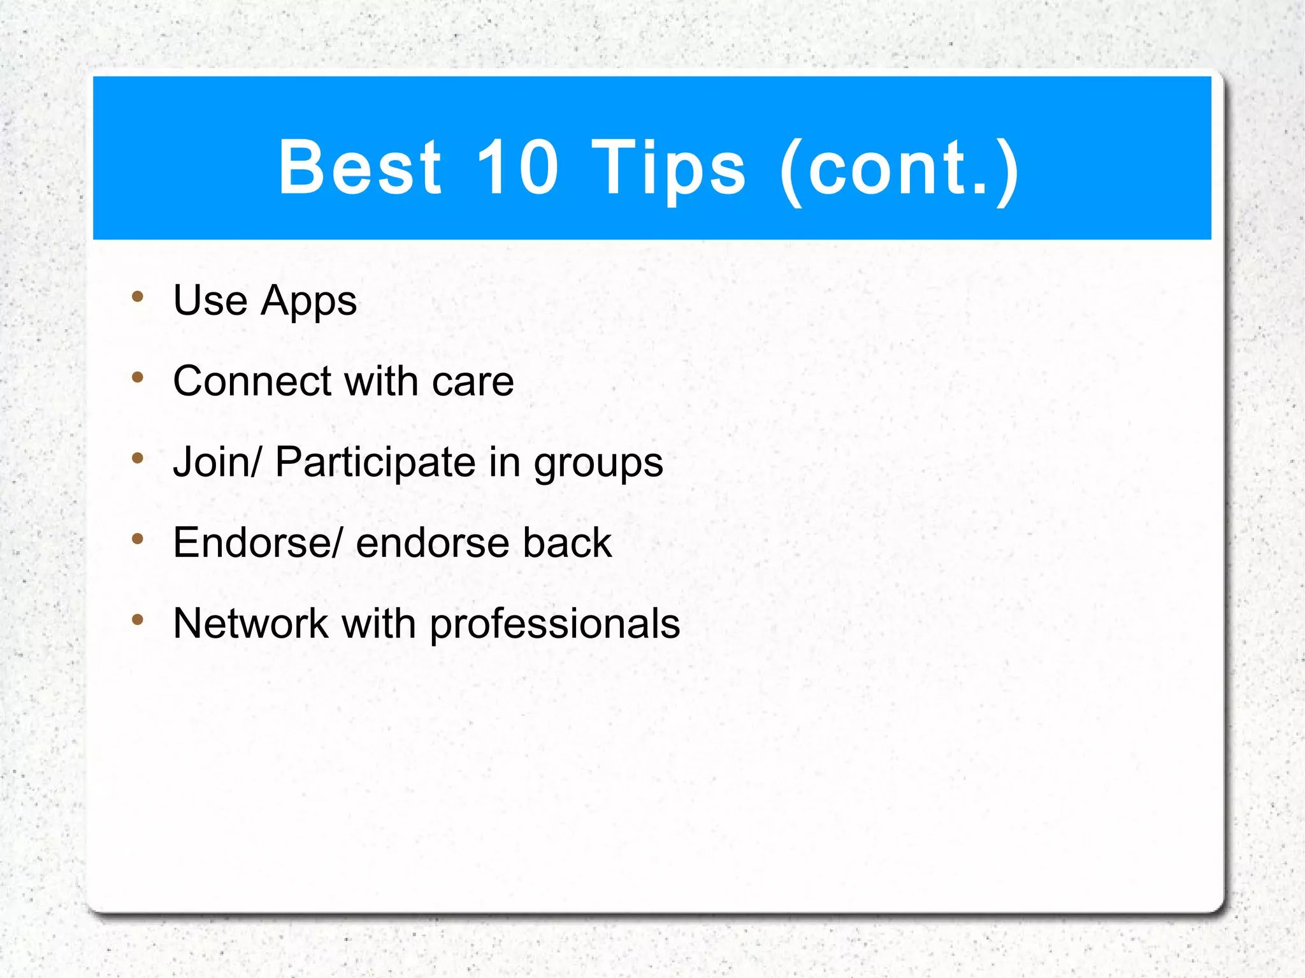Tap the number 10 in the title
coord(517,167)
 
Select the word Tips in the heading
coord(668,168)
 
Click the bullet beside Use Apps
coord(138,296)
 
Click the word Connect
coord(252,381)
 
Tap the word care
coord(473,382)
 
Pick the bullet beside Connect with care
coord(138,377)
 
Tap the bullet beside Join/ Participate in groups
coord(138,457)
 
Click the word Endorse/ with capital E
coord(257,543)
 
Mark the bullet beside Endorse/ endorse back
coord(138,539)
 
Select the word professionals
coord(555,624)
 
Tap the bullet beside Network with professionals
coord(138,619)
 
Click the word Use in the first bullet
coord(210,300)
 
